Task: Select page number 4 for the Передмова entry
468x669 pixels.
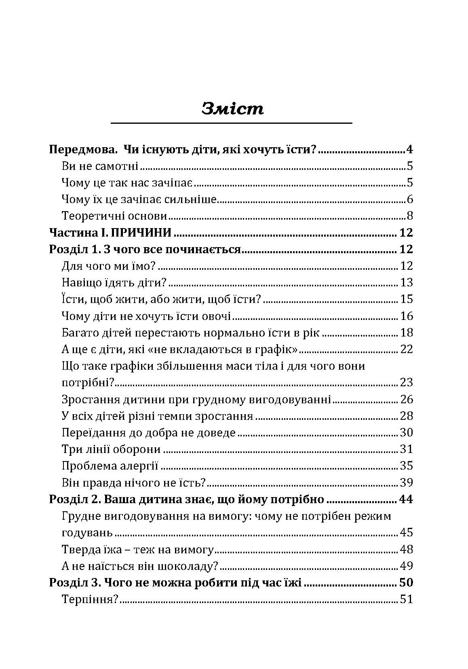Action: click(x=409, y=150)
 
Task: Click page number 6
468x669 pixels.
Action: click(x=409, y=199)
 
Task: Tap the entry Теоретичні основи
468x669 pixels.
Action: click(x=114, y=216)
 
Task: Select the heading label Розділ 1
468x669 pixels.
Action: click(x=74, y=249)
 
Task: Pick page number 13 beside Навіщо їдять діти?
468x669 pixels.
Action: click(x=406, y=282)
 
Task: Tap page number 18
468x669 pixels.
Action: click(x=406, y=332)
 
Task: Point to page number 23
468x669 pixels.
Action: click(x=406, y=382)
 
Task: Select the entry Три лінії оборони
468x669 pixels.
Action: click(x=112, y=449)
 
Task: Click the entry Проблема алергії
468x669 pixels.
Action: click(x=110, y=466)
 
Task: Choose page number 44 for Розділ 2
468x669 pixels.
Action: click(x=405, y=499)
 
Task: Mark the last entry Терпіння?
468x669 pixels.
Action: click(x=90, y=599)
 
